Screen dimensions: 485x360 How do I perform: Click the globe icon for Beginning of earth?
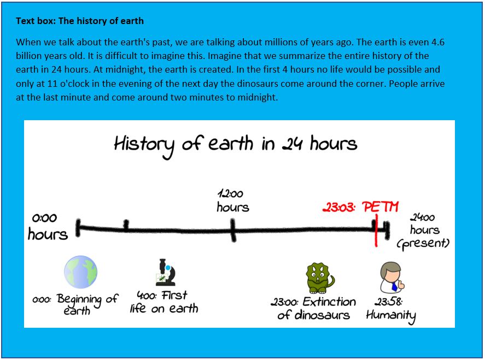81,272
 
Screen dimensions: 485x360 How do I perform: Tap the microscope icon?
166,272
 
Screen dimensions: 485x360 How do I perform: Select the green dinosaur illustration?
320,278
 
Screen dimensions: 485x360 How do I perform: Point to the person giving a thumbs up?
392,278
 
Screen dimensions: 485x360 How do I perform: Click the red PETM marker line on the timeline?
376,230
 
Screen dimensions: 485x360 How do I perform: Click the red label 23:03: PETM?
361,207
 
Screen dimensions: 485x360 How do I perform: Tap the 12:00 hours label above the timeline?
232,201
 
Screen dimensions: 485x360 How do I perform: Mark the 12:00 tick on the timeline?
233,230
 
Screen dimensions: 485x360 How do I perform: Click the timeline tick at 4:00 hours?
126,226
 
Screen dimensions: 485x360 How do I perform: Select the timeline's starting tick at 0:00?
78,228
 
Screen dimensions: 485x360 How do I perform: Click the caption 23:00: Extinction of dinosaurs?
313,308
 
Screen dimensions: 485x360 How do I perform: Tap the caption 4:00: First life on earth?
164,302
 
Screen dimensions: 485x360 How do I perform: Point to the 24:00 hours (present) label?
423,231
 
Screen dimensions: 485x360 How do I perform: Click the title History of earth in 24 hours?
236,145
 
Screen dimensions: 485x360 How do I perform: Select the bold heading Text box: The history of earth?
80,21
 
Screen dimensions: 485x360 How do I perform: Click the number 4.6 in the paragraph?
437,42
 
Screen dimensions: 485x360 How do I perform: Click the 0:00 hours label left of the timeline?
48,227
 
